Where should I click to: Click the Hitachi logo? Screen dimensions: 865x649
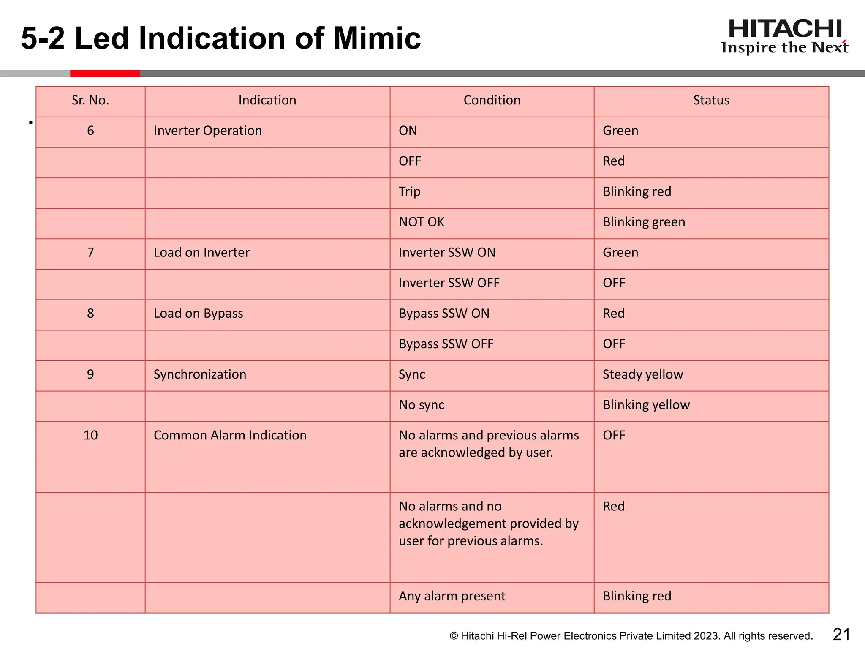(x=785, y=37)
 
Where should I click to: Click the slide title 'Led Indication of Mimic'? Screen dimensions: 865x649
(x=248, y=38)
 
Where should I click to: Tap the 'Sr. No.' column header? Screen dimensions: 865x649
(x=90, y=100)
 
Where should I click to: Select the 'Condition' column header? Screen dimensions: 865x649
(x=492, y=100)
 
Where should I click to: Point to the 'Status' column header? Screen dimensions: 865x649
(x=711, y=100)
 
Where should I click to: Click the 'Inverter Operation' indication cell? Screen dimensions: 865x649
(x=208, y=131)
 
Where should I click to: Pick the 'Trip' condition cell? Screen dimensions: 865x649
(x=410, y=191)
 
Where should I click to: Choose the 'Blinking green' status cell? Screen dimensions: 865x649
(x=644, y=222)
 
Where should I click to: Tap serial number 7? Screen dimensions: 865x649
(x=90, y=252)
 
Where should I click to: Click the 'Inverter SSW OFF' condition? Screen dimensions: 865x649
(x=449, y=283)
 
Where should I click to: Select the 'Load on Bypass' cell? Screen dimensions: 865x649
(x=199, y=314)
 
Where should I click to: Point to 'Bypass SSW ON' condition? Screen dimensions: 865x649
(x=444, y=313)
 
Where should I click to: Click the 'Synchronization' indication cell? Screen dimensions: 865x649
(x=200, y=374)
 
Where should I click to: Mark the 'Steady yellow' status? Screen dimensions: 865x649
(x=643, y=374)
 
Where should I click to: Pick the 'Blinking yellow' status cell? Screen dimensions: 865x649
(x=646, y=405)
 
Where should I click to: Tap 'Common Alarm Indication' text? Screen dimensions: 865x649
(x=230, y=435)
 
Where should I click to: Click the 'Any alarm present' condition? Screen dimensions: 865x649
(x=452, y=596)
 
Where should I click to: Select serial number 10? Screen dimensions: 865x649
(x=90, y=435)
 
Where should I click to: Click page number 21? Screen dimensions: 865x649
(x=841, y=635)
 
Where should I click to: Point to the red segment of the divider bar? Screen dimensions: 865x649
(x=105, y=74)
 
